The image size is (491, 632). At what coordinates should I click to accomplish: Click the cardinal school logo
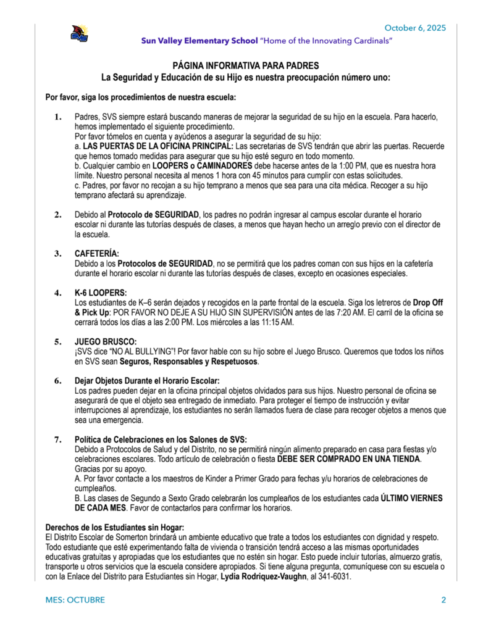coord(79,34)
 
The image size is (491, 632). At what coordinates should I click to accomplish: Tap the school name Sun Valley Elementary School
coord(199,41)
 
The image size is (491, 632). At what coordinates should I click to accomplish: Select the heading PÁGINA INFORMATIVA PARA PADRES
coord(246,65)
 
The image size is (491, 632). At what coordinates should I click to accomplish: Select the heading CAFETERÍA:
coord(97,254)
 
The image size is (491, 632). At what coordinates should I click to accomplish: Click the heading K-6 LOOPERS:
coord(101,293)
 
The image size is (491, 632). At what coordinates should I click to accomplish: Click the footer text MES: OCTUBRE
coord(75,600)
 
